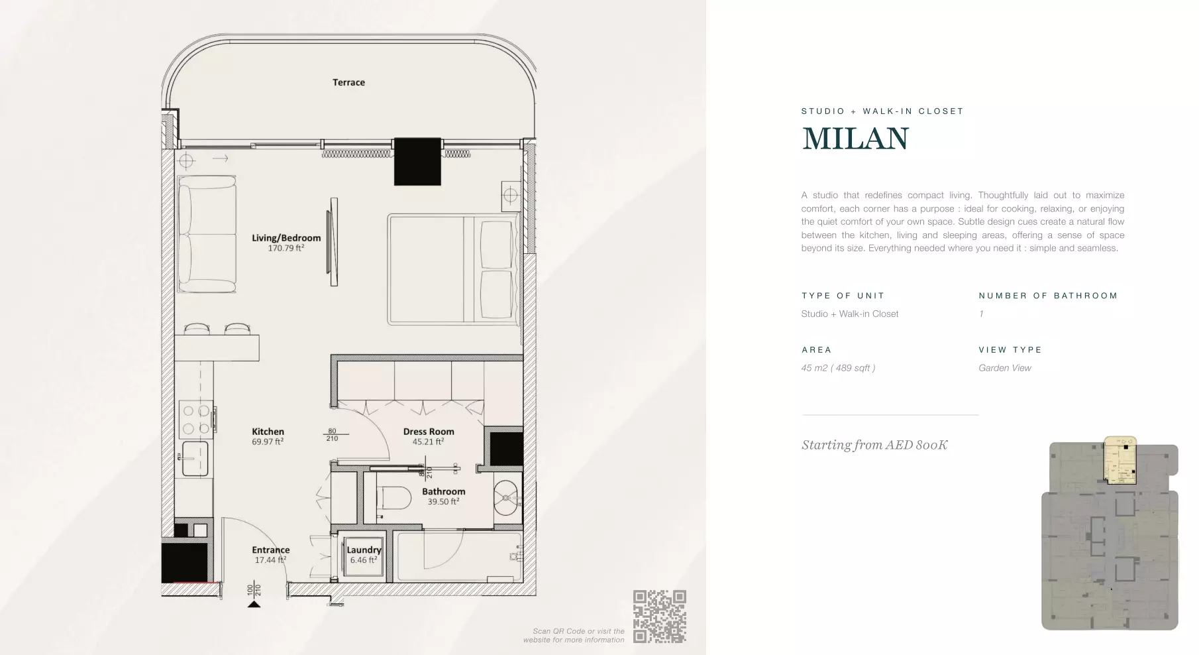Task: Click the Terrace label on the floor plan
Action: [x=348, y=82]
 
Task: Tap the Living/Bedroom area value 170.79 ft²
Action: [x=286, y=248]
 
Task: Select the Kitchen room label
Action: [x=268, y=432]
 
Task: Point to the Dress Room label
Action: [x=429, y=432]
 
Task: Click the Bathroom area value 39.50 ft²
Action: [x=443, y=502]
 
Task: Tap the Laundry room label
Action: [x=364, y=550]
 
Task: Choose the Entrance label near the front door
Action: [x=270, y=550]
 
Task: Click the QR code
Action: [x=659, y=617]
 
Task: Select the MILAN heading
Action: [x=855, y=139]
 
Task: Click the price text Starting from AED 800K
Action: [x=874, y=445]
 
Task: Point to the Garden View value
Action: [x=1005, y=368]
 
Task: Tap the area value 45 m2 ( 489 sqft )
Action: [x=838, y=368]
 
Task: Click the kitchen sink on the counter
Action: [x=195, y=457]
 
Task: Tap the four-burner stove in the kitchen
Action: [x=196, y=419]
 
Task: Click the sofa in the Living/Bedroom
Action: [x=207, y=234]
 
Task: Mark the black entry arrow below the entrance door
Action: [x=253, y=603]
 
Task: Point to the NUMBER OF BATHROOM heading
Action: [x=1048, y=296]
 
